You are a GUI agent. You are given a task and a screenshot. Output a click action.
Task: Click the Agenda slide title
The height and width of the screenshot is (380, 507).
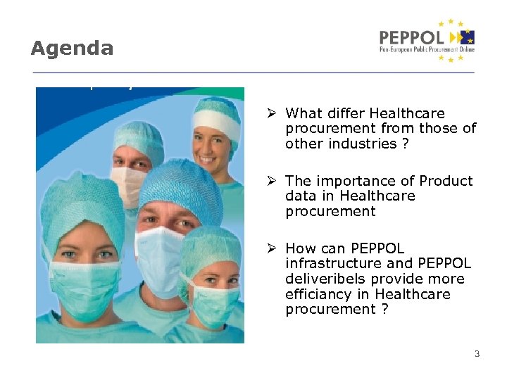click(72, 49)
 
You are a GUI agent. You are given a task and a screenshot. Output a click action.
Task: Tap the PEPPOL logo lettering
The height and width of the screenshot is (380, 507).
click(411, 37)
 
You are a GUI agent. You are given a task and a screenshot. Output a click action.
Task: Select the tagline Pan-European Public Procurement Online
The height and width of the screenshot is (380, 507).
click(427, 50)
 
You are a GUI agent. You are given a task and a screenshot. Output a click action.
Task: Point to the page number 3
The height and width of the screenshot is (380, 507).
click(477, 354)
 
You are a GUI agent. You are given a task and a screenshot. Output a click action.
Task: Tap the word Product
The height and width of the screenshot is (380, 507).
click(446, 181)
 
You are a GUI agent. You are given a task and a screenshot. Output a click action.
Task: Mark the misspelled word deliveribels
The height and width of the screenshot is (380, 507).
click(326, 279)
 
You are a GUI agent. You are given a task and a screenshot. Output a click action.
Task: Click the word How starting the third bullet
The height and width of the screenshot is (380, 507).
click(301, 248)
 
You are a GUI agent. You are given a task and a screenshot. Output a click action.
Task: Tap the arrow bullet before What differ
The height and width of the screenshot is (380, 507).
click(273, 113)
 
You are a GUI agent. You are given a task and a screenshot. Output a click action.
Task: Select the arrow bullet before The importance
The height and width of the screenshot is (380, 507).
click(273, 181)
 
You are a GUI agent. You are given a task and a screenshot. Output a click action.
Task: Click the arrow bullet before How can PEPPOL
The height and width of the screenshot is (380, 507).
click(273, 248)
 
